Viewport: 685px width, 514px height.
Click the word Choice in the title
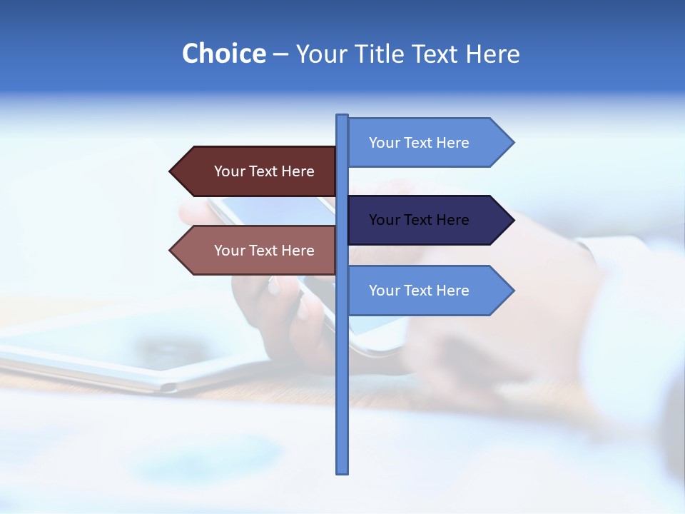tap(223, 54)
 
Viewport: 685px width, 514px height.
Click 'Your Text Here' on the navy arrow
tap(419, 220)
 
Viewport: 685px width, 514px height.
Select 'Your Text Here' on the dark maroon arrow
tap(264, 171)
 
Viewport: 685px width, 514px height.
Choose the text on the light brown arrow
tap(264, 251)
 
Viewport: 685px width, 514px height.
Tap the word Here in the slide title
tap(493, 54)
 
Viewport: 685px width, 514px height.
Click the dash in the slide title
tap(281, 54)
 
